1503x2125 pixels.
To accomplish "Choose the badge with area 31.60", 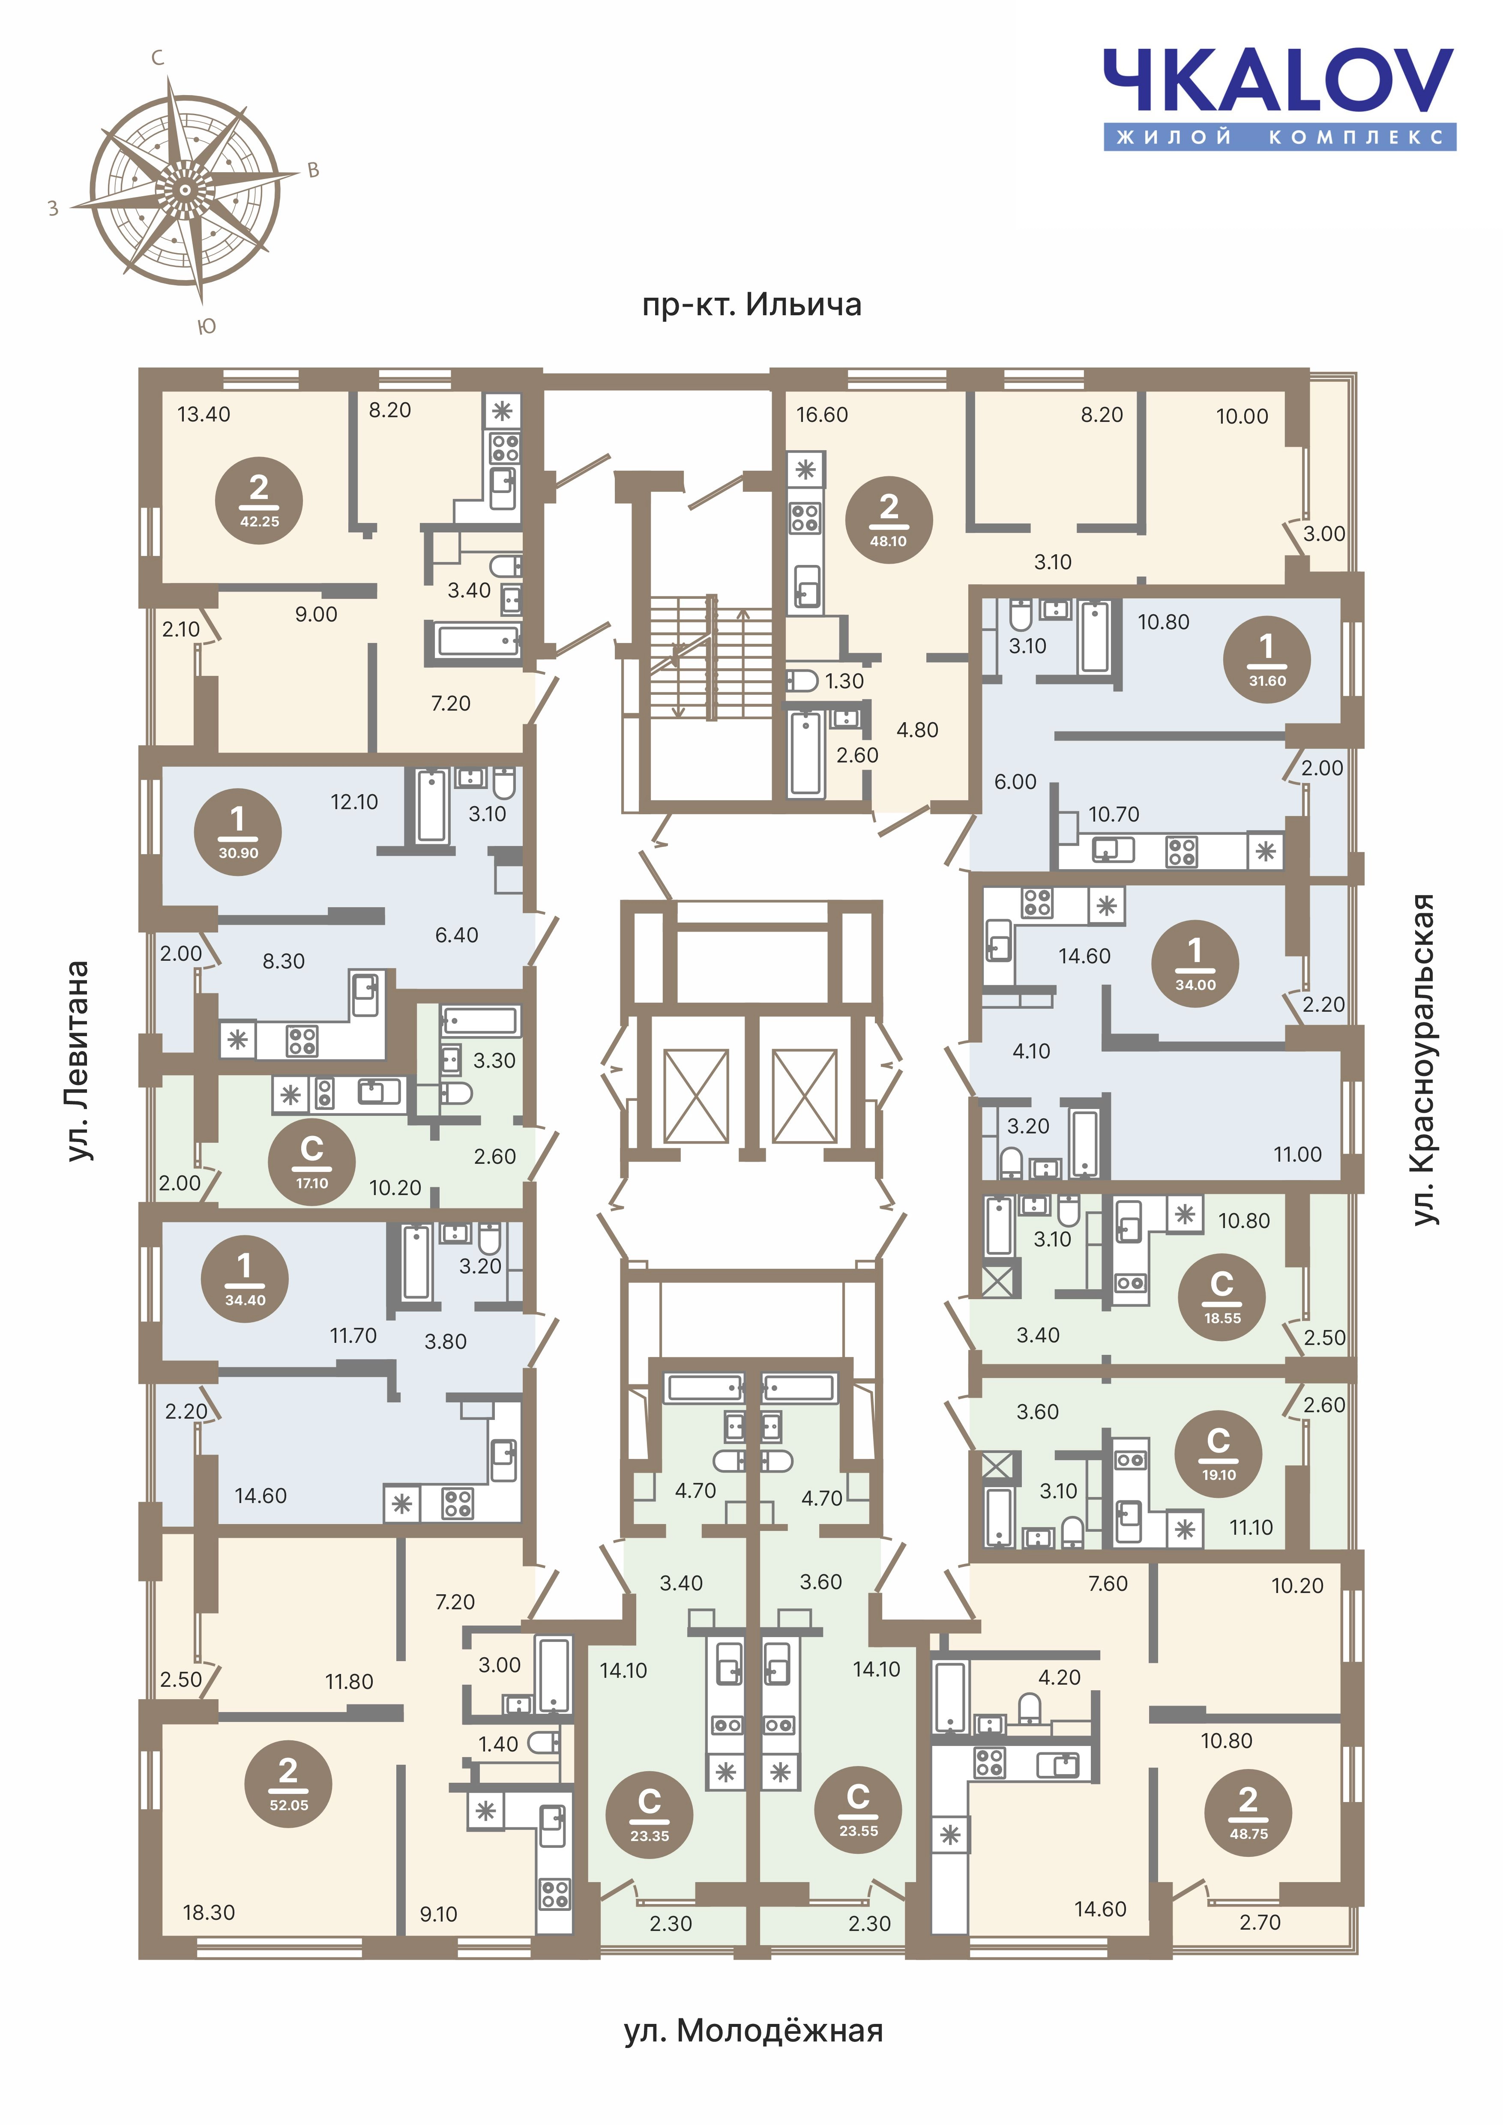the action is point(1267,658).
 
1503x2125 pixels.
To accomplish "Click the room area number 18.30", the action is point(209,1912).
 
